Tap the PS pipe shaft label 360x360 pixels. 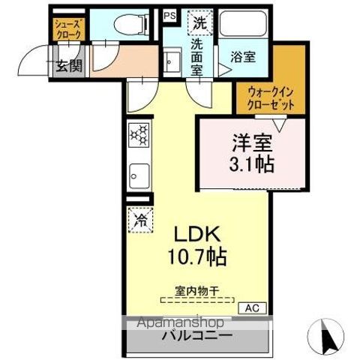[x=169, y=13]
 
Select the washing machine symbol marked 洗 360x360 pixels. [x=199, y=23]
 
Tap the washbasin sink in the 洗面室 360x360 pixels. [x=171, y=59]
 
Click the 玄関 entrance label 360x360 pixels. [x=68, y=64]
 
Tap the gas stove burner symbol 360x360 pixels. [x=139, y=136]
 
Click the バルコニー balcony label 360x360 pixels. [x=196, y=335]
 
